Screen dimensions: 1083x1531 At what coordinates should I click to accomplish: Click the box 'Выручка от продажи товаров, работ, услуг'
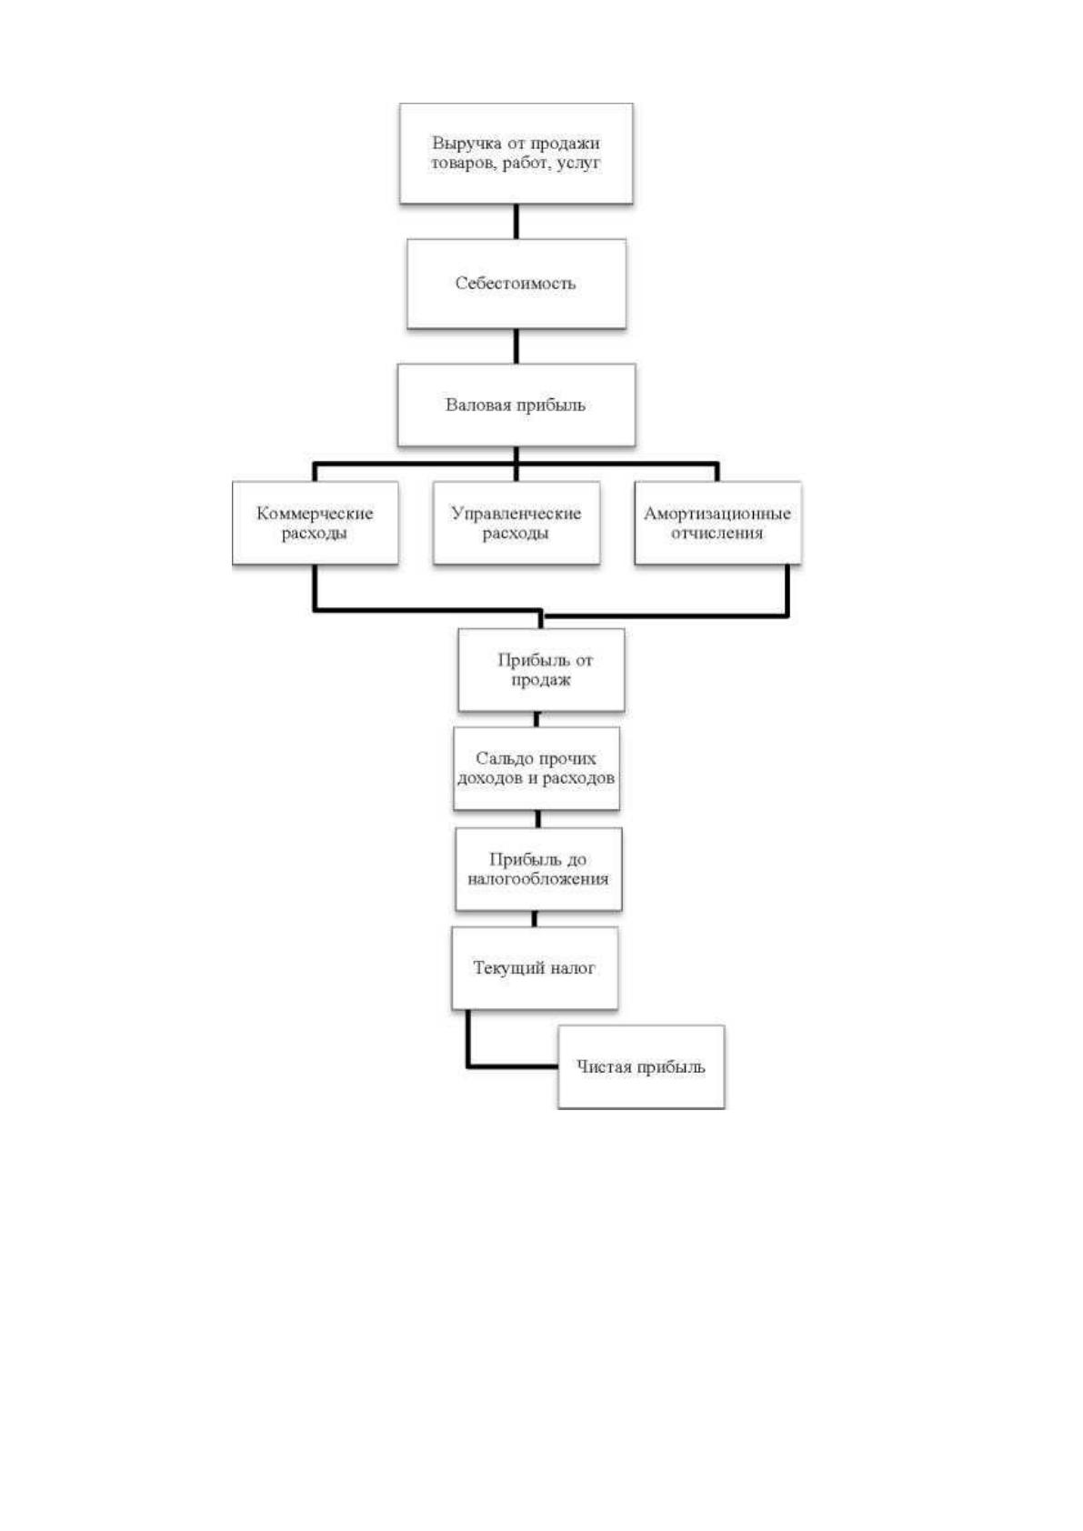click(516, 153)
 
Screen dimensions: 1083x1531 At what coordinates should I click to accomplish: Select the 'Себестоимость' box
click(516, 284)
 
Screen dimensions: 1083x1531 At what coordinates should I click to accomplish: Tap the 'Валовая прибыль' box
click(516, 405)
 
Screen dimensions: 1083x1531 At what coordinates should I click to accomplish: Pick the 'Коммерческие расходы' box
click(316, 523)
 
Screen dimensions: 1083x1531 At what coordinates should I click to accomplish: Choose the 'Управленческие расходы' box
click(516, 523)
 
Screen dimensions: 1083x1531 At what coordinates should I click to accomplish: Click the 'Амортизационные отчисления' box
click(717, 523)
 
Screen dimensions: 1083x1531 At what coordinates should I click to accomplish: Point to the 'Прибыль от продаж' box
click(541, 670)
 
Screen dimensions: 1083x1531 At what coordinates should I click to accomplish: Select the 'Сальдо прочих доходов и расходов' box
click(536, 768)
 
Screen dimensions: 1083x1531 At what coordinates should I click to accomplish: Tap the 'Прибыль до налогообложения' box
click(538, 869)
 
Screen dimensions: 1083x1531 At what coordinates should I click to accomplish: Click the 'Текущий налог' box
click(535, 968)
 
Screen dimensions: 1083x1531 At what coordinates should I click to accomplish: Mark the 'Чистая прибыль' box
click(641, 1067)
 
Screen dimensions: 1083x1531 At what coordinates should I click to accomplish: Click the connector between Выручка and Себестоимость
click(516, 222)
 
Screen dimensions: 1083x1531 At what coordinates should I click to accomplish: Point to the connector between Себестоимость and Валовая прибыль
click(516, 346)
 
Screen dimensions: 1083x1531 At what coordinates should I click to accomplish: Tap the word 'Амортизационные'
click(717, 514)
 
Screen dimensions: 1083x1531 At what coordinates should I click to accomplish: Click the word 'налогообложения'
click(538, 879)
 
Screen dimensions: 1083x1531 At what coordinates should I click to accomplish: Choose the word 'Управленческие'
click(516, 514)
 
